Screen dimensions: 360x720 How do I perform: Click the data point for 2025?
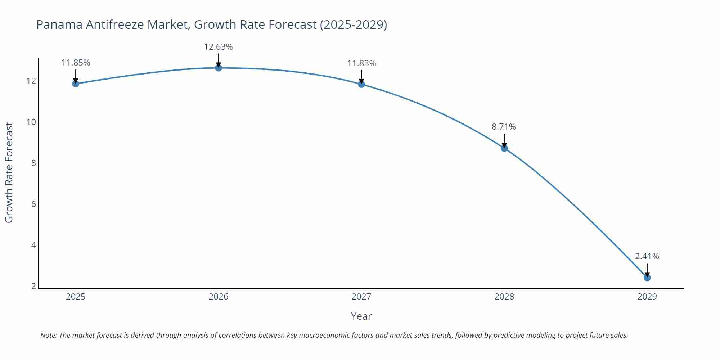(x=76, y=84)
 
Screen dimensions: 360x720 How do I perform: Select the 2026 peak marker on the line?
(x=219, y=68)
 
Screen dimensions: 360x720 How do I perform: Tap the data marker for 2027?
(x=361, y=84)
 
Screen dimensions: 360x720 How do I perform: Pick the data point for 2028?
(x=504, y=148)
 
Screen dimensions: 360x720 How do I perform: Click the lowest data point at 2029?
(x=647, y=278)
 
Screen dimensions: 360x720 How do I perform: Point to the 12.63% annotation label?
(x=218, y=47)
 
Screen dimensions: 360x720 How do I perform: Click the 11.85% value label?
(x=76, y=63)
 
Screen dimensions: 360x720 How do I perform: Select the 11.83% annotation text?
(x=361, y=63)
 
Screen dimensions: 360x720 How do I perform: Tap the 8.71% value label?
(x=504, y=127)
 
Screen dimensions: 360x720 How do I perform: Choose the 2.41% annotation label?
(x=647, y=256)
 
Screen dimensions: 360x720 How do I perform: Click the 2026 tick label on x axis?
(x=219, y=297)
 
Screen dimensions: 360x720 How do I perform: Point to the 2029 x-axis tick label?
(x=647, y=297)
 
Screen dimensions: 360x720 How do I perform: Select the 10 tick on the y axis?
(x=31, y=122)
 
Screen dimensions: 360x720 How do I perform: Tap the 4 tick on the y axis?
(x=33, y=245)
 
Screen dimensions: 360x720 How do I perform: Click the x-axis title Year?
(x=361, y=316)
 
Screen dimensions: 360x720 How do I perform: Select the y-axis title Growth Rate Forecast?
(x=9, y=172)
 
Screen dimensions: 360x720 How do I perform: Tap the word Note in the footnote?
(x=48, y=335)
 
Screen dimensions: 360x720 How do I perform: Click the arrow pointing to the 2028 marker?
(x=504, y=140)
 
